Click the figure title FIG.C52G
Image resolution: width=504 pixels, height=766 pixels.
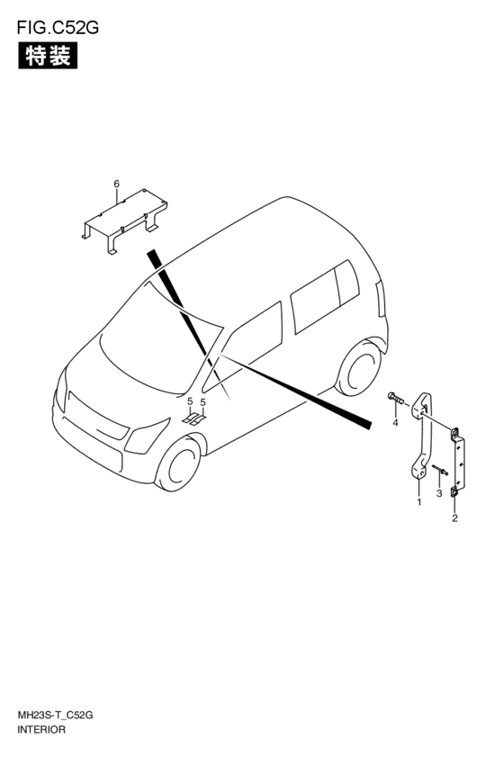[x=58, y=28]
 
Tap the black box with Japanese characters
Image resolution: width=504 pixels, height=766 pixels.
[x=48, y=56]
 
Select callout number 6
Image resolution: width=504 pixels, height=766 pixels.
[x=116, y=184]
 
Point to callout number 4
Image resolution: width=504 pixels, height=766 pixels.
[x=396, y=423]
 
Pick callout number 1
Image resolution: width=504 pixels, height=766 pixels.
[x=418, y=501]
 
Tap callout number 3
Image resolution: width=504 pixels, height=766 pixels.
[x=439, y=494]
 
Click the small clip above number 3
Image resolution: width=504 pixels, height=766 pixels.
[x=439, y=470]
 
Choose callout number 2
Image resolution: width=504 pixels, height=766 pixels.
[x=454, y=518]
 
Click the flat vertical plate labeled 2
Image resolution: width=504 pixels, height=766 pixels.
[x=457, y=462]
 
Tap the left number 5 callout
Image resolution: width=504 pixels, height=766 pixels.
[x=190, y=402]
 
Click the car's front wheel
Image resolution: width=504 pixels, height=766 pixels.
[x=179, y=464]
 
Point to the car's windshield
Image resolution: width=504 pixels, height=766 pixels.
[x=157, y=337]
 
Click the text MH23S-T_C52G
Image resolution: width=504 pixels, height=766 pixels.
[x=55, y=716]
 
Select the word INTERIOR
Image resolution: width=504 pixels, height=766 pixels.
[x=41, y=730]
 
